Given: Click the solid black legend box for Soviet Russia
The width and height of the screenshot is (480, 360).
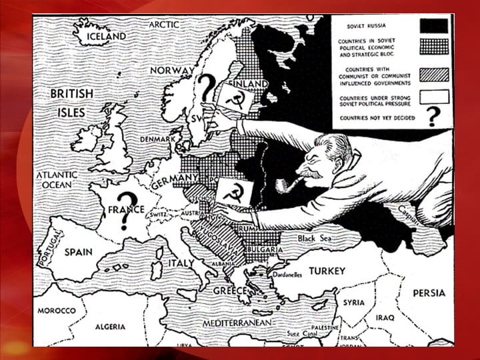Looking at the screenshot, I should click(x=434, y=26).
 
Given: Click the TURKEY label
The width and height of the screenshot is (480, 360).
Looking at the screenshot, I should click(x=327, y=271).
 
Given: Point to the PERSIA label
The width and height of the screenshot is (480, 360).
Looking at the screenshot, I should click(x=429, y=293).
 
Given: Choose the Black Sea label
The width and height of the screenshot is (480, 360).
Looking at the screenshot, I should click(x=315, y=237).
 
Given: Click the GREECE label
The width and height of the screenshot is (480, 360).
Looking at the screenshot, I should click(x=230, y=291).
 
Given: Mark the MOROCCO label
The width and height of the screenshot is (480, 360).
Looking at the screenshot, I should click(x=55, y=311).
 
